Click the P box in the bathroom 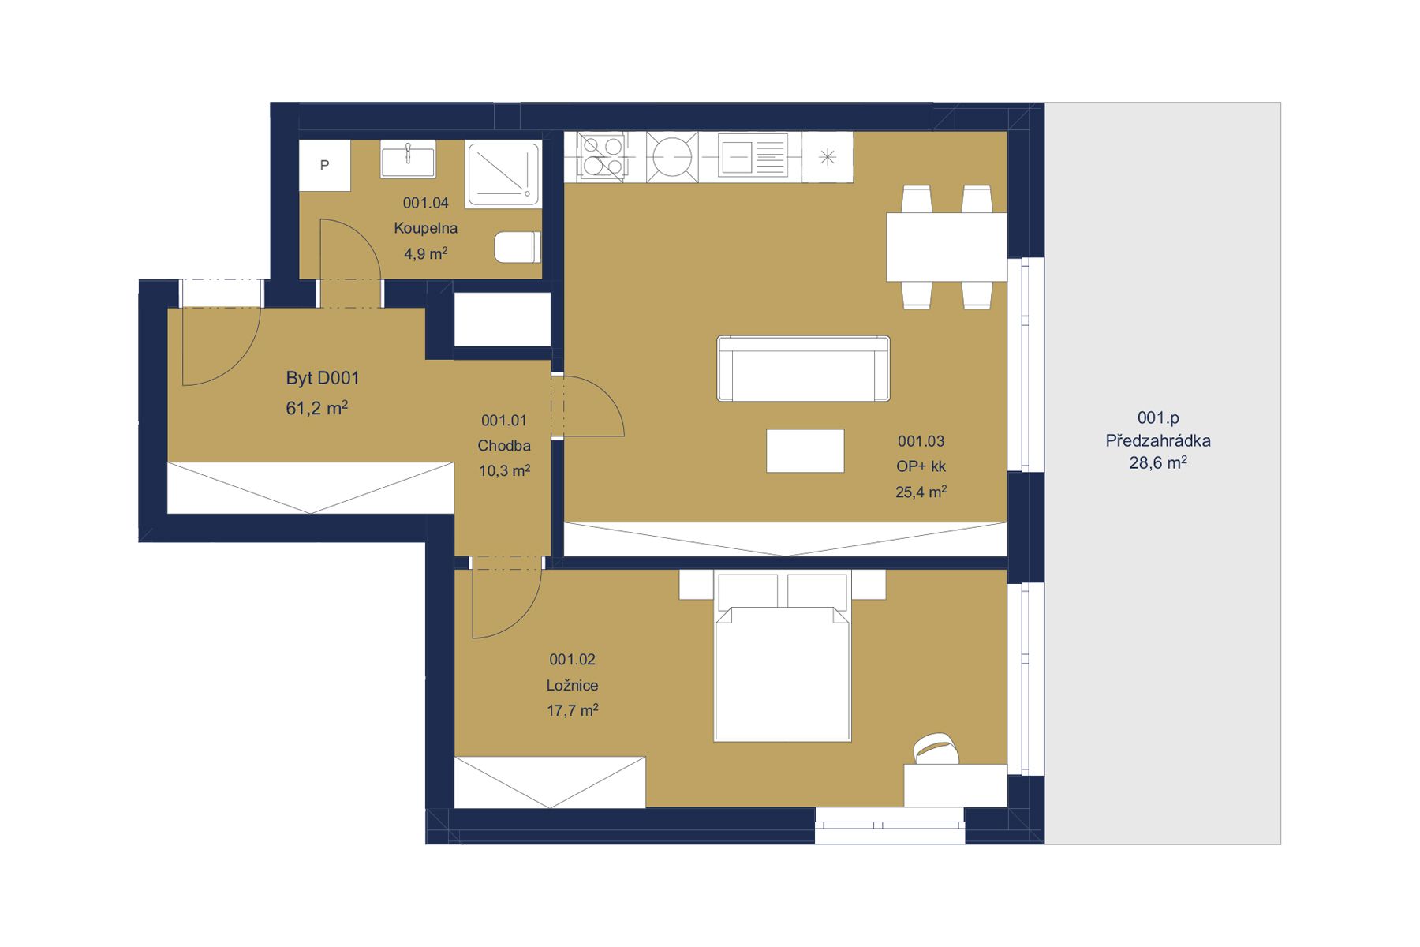click(x=324, y=166)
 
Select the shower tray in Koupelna click(x=503, y=174)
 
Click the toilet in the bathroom click(x=518, y=247)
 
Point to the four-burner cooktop click(x=603, y=155)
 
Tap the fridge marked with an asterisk click(x=827, y=157)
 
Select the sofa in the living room click(x=803, y=369)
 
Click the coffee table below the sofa click(x=805, y=451)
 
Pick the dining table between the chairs click(x=946, y=246)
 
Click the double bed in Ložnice click(x=782, y=663)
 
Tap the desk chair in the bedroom click(x=935, y=747)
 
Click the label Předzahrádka click(x=1157, y=441)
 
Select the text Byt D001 click(x=322, y=378)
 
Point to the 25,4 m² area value click(x=921, y=492)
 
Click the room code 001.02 click(x=572, y=660)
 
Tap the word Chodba click(x=504, y=446)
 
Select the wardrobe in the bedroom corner click(x=550, y=782)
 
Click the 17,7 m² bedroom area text click(x=572, y=711)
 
